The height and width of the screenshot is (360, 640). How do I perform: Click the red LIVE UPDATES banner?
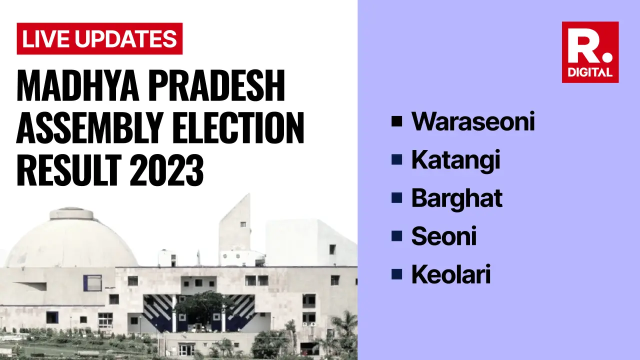(x=99, y=39)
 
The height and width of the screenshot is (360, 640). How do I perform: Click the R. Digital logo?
(x=590, y=52)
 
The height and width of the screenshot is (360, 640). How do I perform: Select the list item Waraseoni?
(x=472, y=121)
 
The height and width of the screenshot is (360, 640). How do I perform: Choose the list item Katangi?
(x=455, y=160)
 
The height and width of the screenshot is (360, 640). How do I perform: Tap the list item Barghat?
(x=456, y=198)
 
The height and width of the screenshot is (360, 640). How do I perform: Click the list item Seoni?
(x=443, y=236)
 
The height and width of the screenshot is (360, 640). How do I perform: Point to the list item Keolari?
(x=450, y=275)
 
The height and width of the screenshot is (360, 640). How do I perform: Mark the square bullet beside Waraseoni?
(x=397, y=121)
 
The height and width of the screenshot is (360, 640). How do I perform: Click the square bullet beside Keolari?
(x=397, y=274)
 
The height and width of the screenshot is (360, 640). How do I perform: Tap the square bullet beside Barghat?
(x=397, y=198)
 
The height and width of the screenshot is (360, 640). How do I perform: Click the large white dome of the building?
(x=71, y=240)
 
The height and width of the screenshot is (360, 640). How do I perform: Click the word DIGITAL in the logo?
(x=590, y=72)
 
